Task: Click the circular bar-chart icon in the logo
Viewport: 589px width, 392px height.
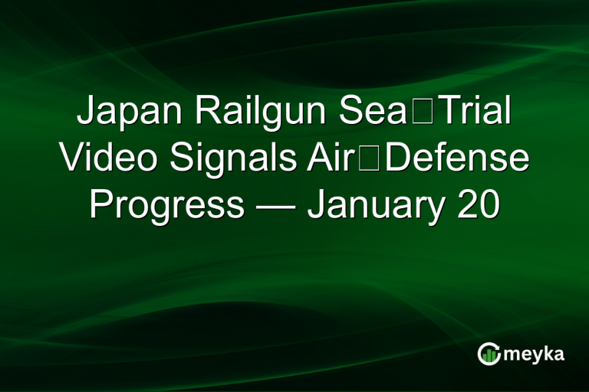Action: pos(489,353)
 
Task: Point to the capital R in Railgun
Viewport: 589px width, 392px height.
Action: pos(205,113)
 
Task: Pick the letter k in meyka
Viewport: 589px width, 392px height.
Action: pos(546,352)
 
